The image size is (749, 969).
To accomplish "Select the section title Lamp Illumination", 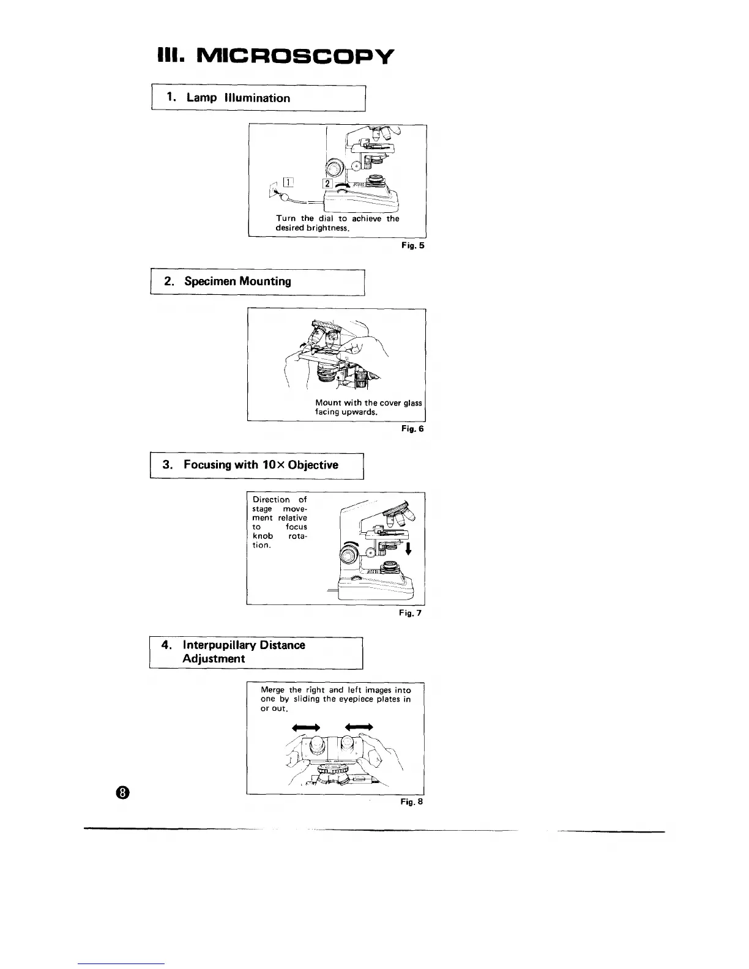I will click(x=238, y=98).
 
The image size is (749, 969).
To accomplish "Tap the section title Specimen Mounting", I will click(x=237, y=281).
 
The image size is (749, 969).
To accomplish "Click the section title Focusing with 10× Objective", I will click(x=261, y=464).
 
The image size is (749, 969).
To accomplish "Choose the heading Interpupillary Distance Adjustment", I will click(x=244, y=652).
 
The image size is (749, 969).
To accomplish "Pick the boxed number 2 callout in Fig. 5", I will click(x=327, y=184).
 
